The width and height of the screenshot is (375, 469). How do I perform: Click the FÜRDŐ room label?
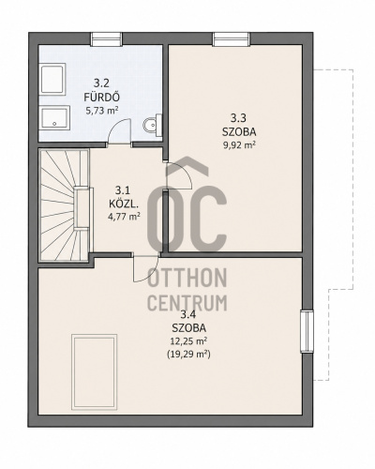coord(101,97)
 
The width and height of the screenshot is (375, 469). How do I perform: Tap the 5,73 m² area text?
coord(102,110)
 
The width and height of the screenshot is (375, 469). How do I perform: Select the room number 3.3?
coord(239,118)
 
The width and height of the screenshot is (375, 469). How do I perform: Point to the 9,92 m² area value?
coord(239,144)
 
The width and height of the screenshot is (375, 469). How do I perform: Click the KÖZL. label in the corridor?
coord(124,204)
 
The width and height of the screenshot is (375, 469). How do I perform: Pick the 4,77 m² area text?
coord(124,217)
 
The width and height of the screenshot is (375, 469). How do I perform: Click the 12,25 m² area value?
coord(189,341)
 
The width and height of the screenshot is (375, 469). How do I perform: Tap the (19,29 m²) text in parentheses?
coord(188,355)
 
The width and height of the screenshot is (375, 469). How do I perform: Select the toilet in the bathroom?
coord(153,125)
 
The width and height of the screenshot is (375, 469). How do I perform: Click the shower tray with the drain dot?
coord(54,118)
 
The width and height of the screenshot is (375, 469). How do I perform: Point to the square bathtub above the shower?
coord(52,79)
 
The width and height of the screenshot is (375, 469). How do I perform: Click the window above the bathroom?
coord(107,39)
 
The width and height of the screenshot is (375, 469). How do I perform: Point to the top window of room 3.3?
coord(232,39)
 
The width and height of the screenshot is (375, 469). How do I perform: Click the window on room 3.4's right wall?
coord(307,331)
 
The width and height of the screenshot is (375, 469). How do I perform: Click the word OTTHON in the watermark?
coord(187,278)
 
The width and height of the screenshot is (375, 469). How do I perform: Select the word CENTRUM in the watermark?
coord(187,303)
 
